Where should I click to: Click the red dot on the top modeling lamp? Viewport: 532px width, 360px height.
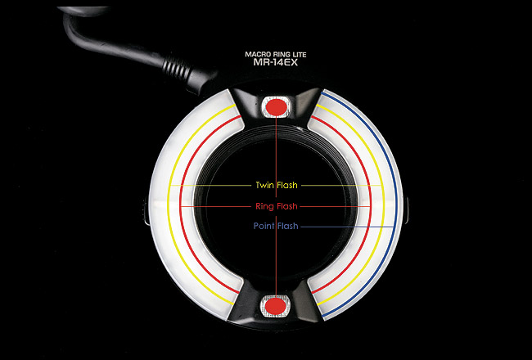[x=276, y=106]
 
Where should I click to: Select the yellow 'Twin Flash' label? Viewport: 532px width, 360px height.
[x=276, y=187]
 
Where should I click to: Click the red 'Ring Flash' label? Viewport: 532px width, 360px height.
[x=276, y=206]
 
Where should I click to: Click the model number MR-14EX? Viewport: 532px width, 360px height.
[x=276, y=61]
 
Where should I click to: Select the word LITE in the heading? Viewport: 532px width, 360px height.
[x=302, y=52]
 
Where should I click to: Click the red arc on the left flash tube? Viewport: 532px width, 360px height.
[x=182, y=205]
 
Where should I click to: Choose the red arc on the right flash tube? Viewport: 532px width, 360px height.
[x=371, y=205]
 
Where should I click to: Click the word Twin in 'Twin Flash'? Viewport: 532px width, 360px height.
[x=264, y=187]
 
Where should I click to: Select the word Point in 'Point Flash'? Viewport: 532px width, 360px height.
[x=264, y=226]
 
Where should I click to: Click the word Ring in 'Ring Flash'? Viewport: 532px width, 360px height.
[x=264, y=206]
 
